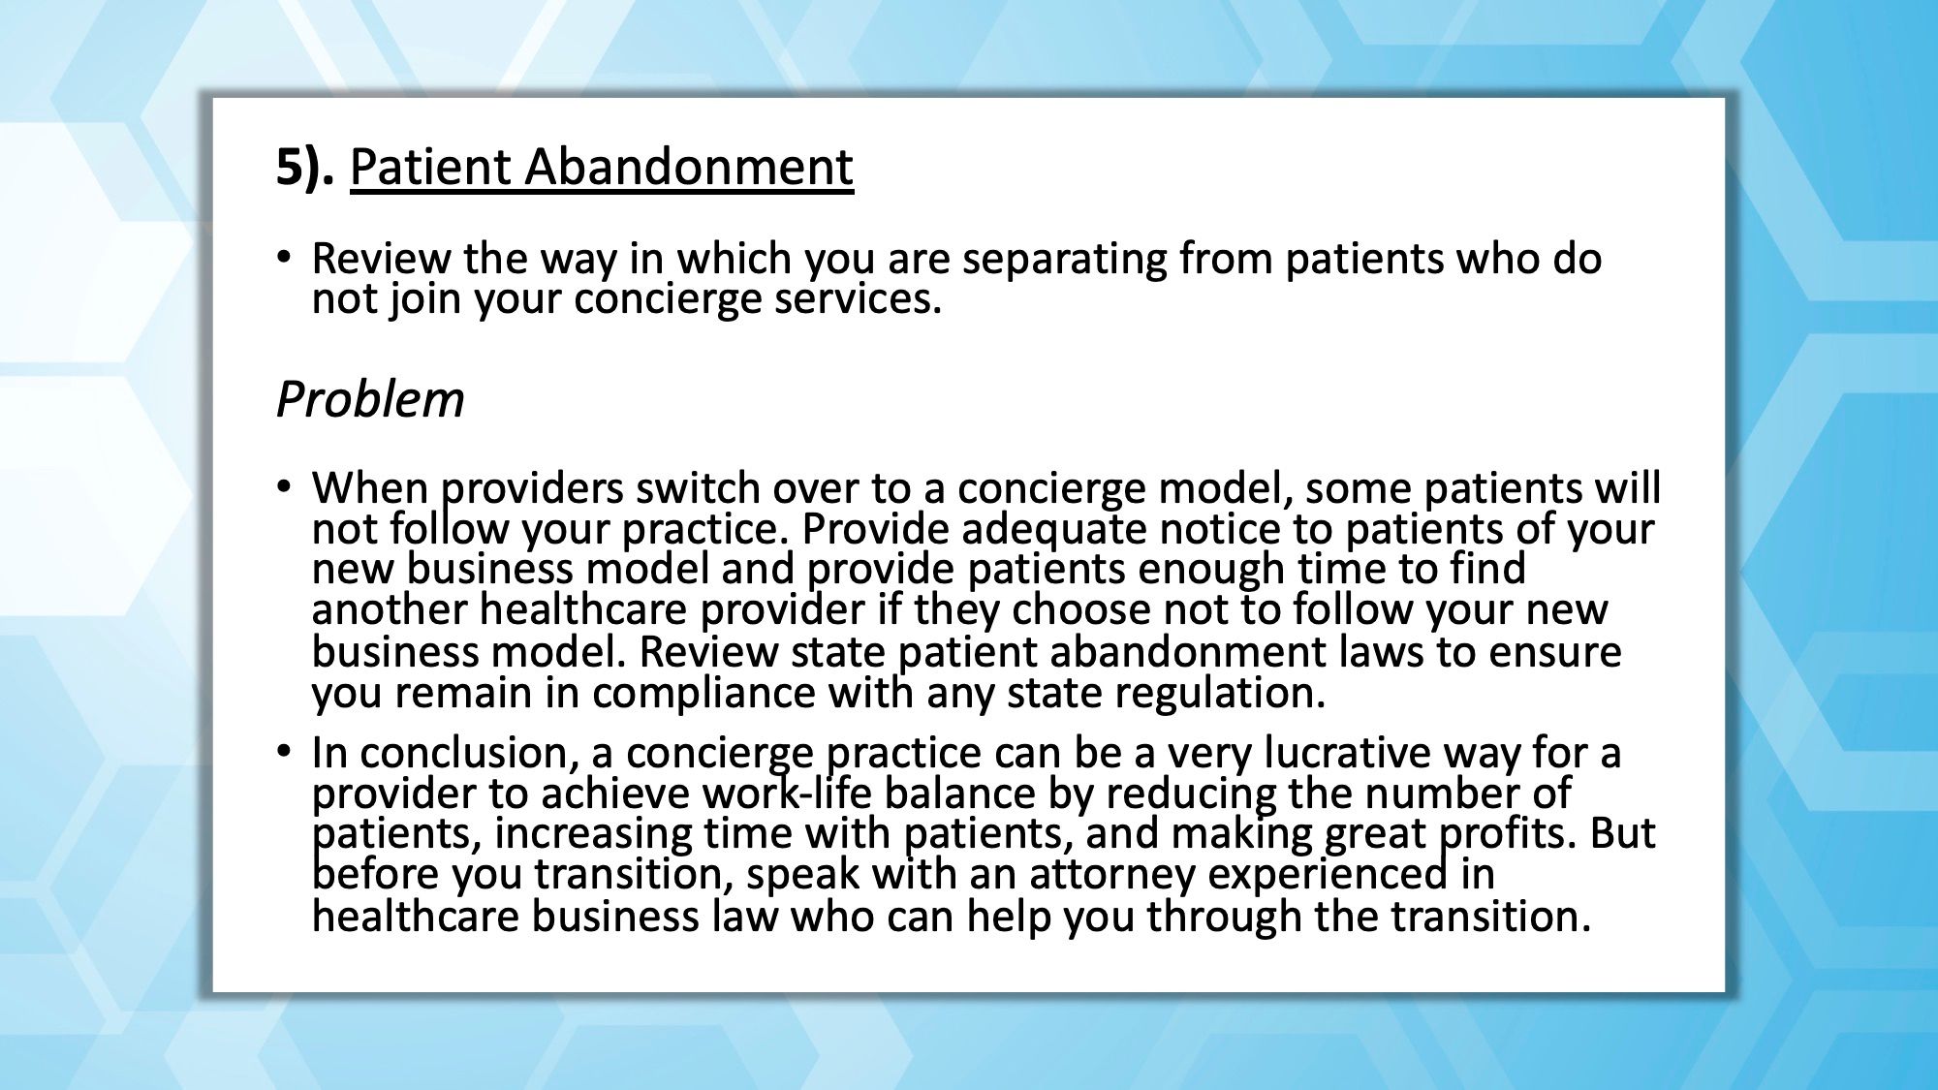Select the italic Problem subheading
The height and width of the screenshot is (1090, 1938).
370,399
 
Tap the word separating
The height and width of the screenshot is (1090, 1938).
1064,260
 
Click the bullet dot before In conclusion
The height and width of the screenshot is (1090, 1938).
283,751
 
